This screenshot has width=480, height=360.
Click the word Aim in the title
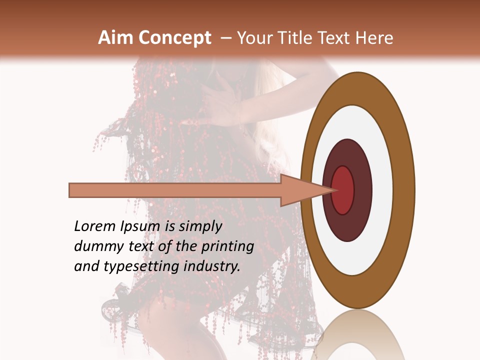pyautogui.click(x=116, y=38)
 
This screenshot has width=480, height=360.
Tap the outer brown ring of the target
pyautogui.click(x=404, y=190)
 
